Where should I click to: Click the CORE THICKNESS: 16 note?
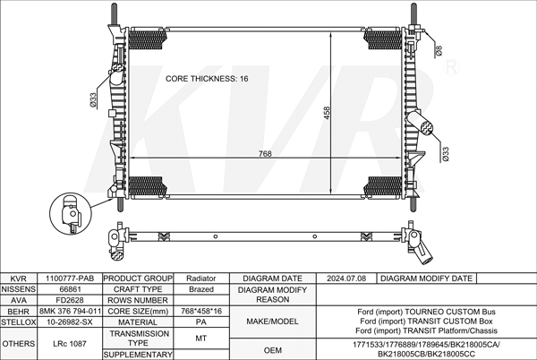pyautogui.click(x=207, y=79)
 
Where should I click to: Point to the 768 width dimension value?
pyautogui.click(x=265, y=154)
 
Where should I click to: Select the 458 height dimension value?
pyautogui.click(x=327, y=113)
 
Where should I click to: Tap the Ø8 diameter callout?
pyautogui.click(x=439, y=51)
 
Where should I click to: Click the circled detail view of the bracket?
pyautogui.click(x=71, y=213)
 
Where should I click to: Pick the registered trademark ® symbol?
pyautogui.click(x=451, y=67)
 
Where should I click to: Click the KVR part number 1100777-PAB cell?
pyautogui.click(x=70, y=279)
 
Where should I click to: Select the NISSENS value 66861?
pyautogui.click(x=70, y=289)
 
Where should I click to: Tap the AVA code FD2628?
pyautogui.click(x=70, y=300)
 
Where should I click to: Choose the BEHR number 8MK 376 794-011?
pyautogui.click(x=70, y=311)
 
